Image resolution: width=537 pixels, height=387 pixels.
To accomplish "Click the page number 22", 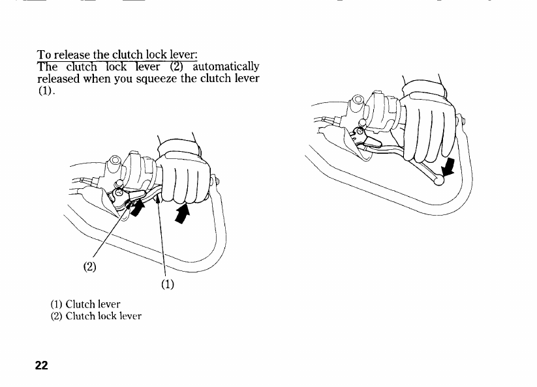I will point(41,365).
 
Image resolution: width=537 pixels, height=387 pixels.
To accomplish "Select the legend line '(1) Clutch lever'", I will point(85,304).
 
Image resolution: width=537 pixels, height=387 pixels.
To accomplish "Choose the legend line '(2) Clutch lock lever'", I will point(96,317).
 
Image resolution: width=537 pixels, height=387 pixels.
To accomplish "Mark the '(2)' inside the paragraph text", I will point(178,66).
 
